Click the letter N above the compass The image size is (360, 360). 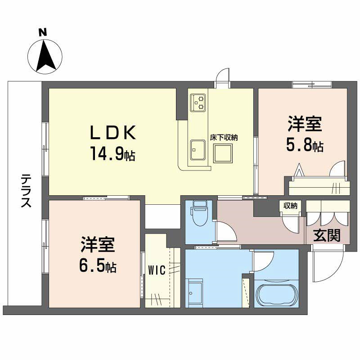coord(42,32)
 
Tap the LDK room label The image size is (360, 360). coord(112,133)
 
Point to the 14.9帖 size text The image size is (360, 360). coord(112,154)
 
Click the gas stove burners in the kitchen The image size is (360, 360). coord(198,102)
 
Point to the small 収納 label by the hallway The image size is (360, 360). coord(290,206)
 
